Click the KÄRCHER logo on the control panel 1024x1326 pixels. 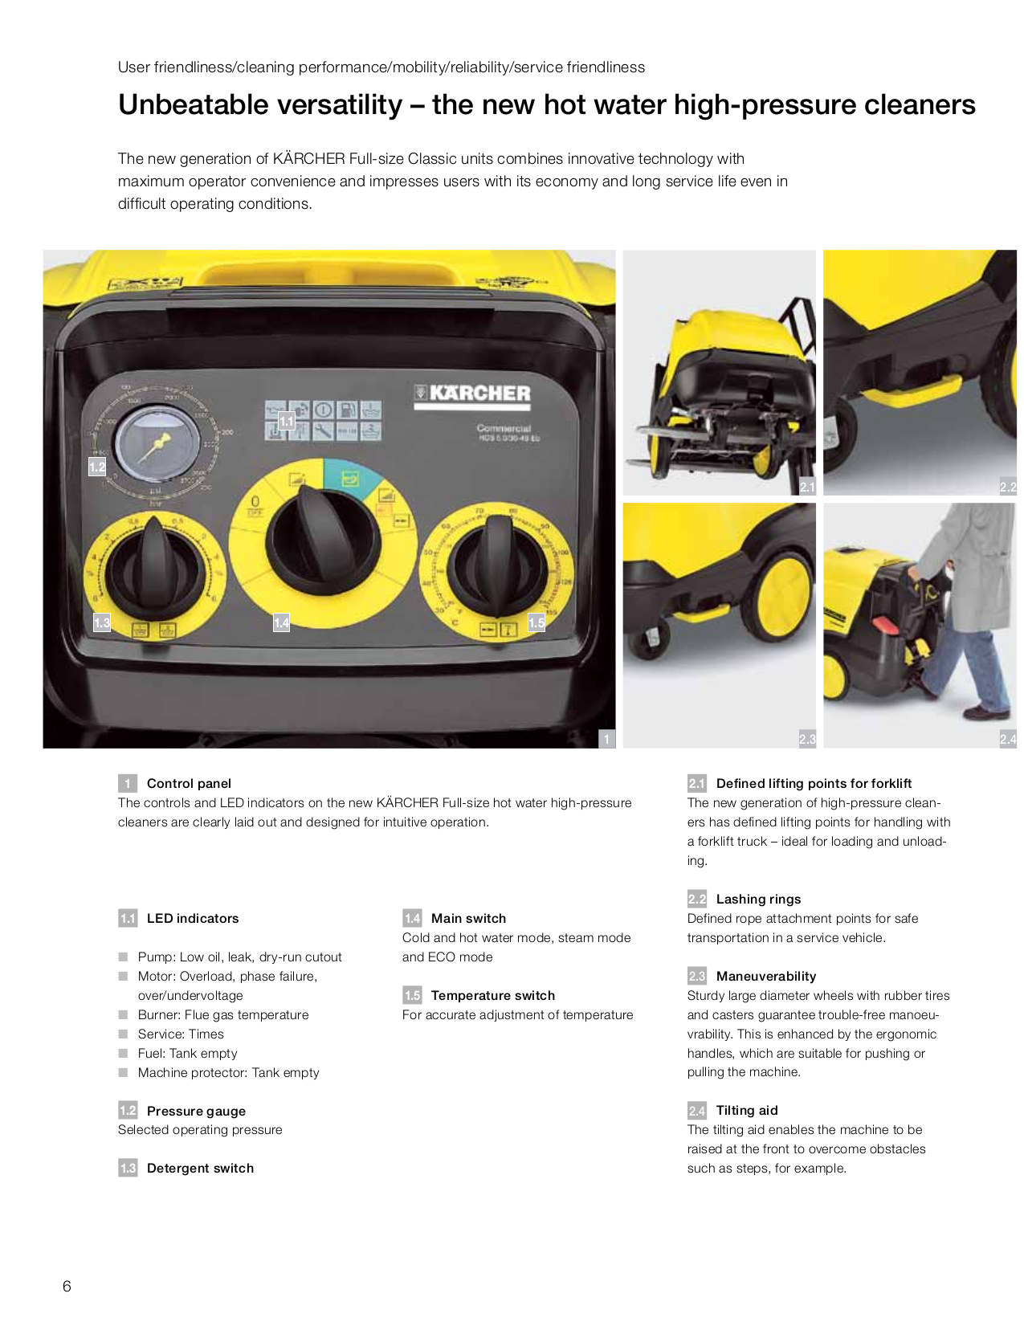coord(472,394)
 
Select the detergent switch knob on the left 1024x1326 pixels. coord(154,567)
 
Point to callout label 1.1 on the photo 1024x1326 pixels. coord(287,420)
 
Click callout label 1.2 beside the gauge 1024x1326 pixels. coord(97,467)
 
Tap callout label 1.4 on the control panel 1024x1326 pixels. coord(281,622)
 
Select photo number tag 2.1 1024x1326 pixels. coord(806,487)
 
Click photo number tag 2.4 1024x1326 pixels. coord(1007,739)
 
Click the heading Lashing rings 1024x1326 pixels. coord(758,899)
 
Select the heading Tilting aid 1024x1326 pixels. coord(746,1110)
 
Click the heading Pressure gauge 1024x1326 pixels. coord(196,1111)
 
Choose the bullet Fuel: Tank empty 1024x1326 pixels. coord(187,1053)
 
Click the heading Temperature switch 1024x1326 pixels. coord(492,995)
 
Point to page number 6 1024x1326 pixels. coord(67,1286)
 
